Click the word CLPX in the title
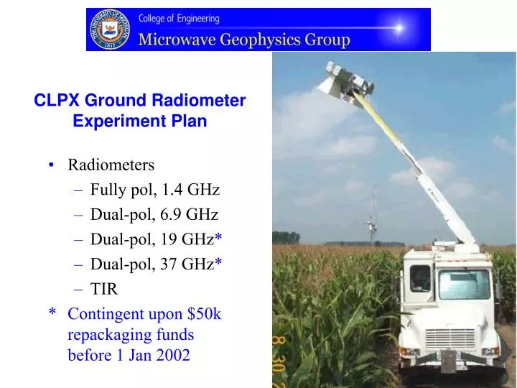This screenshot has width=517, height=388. coord(55,101)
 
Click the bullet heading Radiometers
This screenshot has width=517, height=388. coord(111,165)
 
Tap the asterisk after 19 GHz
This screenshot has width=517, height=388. coord(218,238)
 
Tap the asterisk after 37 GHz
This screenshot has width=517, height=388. coord(218,263)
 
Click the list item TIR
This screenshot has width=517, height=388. coord(103,288)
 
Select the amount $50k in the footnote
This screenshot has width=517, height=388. coord(203,313)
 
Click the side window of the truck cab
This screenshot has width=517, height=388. coord(420,278)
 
